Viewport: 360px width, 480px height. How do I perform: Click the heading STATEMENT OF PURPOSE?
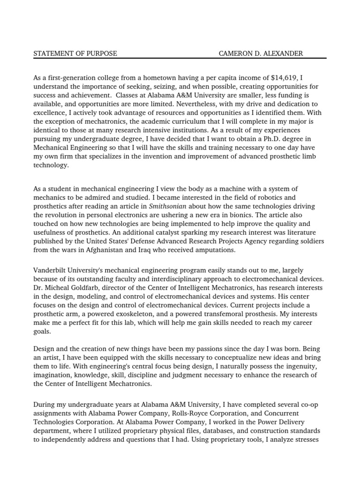pyautogui.click(x=75, y=53)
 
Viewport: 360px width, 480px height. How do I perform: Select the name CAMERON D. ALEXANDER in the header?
pyautogui.click(x=261, y=53)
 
